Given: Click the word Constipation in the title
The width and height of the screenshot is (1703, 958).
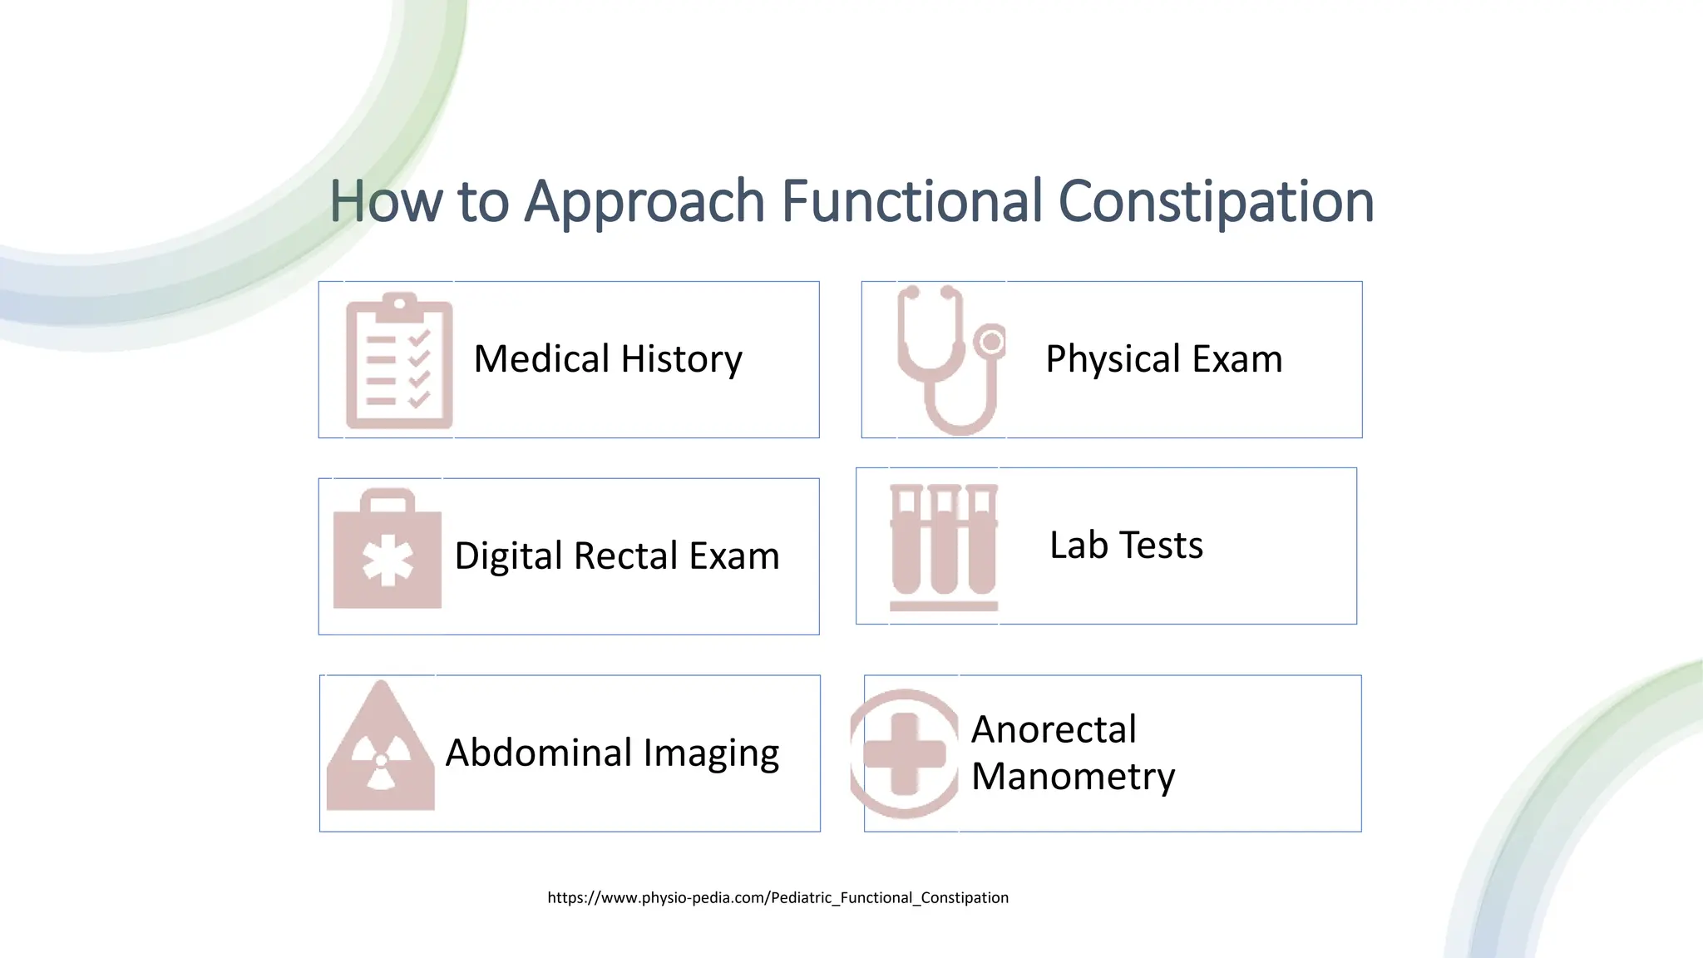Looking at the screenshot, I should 1215,202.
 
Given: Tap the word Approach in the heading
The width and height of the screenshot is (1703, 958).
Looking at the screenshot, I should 644,202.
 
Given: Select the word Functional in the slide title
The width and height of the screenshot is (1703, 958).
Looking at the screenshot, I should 911,202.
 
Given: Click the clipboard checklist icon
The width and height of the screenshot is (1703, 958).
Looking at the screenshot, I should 399,361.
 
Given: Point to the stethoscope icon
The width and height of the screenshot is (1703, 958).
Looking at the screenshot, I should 950,359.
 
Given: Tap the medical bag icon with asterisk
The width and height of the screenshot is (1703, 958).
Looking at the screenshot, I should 387,549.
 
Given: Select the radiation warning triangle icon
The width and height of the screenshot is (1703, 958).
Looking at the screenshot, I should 381,748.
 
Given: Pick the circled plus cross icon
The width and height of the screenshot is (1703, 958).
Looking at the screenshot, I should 905,753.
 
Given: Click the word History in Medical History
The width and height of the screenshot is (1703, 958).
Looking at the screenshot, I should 681,359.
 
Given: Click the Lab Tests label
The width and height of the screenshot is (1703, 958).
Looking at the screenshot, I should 1126,546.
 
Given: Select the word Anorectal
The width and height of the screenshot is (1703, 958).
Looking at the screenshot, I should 1054,729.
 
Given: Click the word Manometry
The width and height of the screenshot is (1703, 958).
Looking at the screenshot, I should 1073,777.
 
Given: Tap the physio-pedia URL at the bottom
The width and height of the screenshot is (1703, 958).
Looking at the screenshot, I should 777,897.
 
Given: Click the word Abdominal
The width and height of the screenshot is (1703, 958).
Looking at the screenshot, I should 539,753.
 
